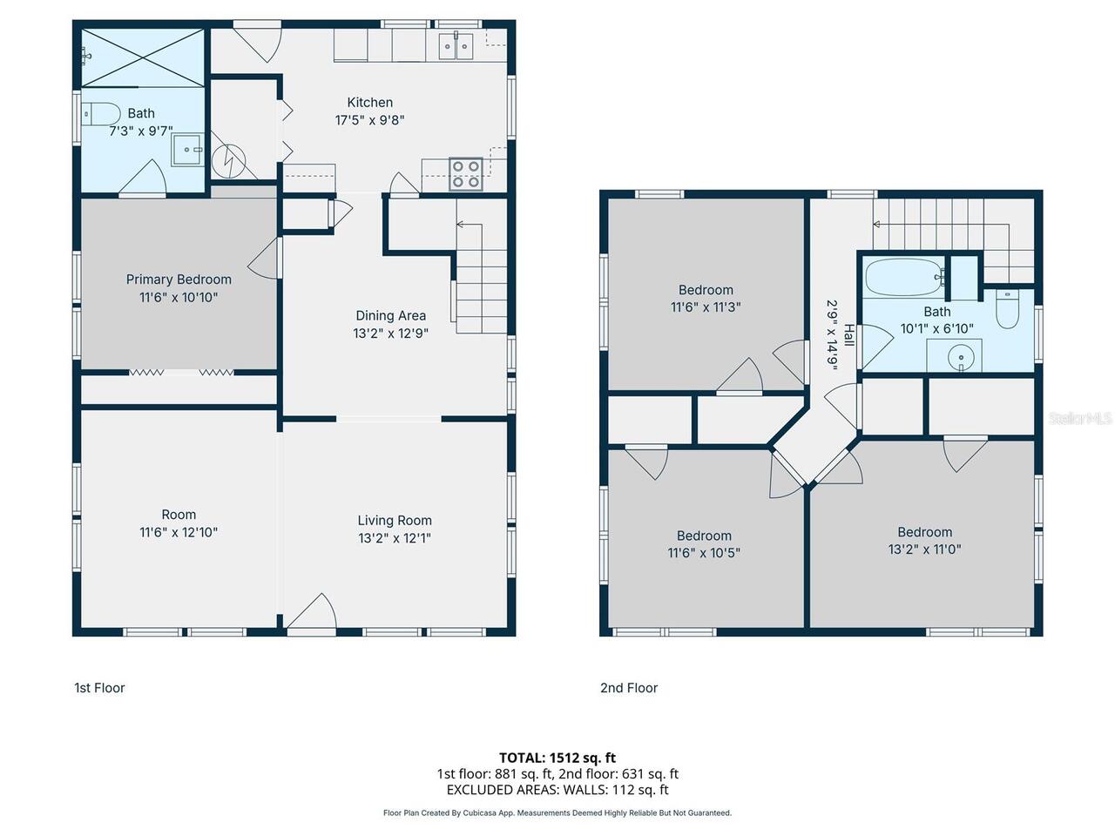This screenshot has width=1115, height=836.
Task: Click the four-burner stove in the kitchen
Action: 465,174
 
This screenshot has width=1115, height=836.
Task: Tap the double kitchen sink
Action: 456,46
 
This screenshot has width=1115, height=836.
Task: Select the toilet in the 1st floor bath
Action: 100,114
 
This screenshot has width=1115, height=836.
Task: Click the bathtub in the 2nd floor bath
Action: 905,277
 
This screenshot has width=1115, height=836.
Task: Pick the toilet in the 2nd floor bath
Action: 1007,309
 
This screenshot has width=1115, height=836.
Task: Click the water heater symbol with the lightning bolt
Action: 228,161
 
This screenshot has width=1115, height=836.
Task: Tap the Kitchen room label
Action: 370,103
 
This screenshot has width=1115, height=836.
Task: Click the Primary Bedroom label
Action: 179,280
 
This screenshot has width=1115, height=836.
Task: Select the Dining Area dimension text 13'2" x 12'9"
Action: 390,334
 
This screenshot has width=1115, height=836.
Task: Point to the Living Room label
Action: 395,520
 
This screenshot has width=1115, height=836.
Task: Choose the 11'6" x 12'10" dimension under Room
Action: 179,532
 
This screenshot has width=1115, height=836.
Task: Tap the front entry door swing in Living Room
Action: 312,613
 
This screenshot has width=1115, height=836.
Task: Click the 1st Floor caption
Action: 99,688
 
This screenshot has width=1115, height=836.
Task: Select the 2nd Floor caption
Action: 629,688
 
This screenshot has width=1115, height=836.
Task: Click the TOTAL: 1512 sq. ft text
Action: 557,758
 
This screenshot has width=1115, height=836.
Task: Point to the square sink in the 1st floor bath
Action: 187,149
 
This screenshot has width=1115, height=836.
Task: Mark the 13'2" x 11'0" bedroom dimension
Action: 924,549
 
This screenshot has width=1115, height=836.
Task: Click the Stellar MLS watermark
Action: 1080,418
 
